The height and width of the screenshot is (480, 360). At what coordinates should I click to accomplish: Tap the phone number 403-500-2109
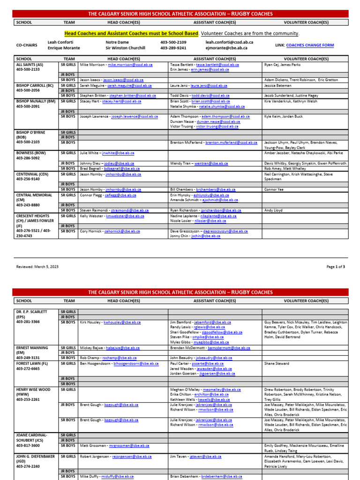coord(173,42)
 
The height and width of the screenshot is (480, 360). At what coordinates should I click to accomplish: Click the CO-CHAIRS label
coord(26,45)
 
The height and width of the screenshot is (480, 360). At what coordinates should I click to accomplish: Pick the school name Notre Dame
coord(117,42)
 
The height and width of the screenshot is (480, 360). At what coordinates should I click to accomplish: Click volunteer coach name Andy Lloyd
coord(273,210)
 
